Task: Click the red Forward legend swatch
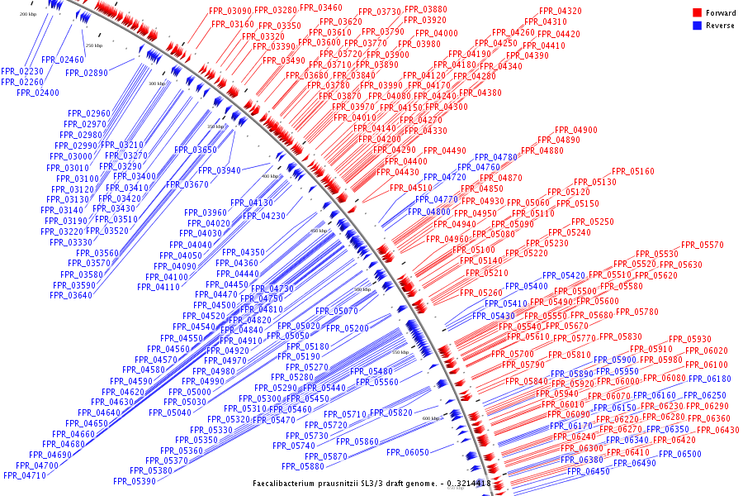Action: tap(697, 13)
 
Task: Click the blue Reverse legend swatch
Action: tap(697, 26)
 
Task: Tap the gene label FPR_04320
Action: tap(560, 11)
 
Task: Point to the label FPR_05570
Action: tap(702, 246)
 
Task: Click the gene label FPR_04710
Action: tap(24, 475)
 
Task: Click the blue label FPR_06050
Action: tap(408, 452)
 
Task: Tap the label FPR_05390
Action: tap(135, 481)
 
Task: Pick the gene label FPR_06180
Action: tap(710, 379)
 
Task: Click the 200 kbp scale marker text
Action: tap(27, 14)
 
